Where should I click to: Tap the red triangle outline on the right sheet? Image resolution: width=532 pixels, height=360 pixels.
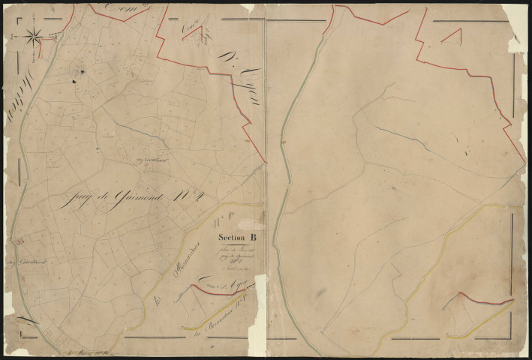tap(452, 36)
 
